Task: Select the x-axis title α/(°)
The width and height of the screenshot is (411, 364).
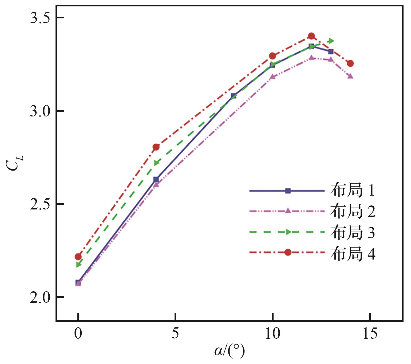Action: coord(229,351)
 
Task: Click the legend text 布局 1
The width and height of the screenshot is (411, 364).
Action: coord(352,191)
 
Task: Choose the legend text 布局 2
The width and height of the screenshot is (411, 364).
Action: coord(352,212)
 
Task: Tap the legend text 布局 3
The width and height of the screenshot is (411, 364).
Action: coord(352,232)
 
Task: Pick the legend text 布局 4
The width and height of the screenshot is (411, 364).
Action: coord(352,253)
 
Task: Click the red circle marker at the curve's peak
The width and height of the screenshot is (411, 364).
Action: coord(311,36)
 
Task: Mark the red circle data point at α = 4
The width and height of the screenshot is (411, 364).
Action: coord(156,147)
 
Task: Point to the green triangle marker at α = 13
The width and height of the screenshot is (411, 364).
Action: coord(331,41)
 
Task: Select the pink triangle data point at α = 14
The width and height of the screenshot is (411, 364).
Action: coord(350,76)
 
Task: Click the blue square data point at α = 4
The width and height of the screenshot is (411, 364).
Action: coord(156,179)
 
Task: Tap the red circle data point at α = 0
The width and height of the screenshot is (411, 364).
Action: coord(78,257)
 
